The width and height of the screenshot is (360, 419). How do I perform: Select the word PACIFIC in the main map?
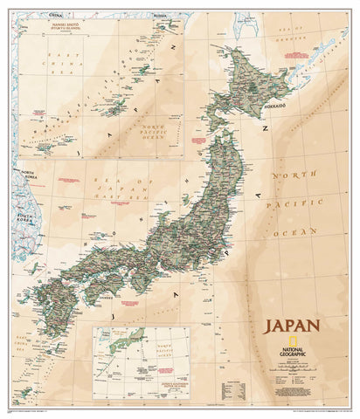click(x=297, y=207)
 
